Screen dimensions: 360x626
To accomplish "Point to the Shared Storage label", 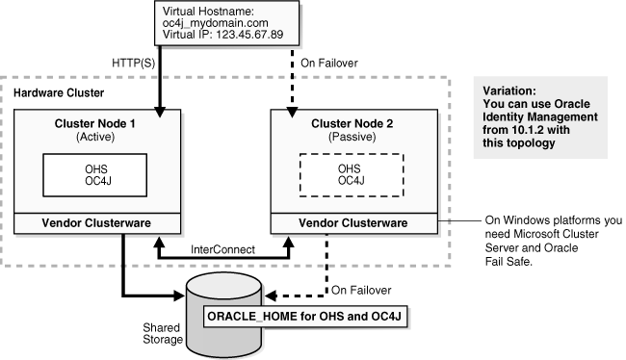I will click(153, 331).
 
